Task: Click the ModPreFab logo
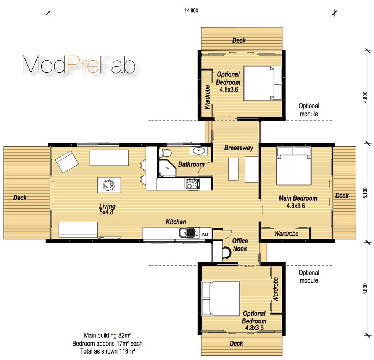[79, 65]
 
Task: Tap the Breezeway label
[239, 148]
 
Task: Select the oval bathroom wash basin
[199, 151]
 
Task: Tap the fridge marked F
[205, 184]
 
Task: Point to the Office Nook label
[240, 245]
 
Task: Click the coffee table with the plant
[109, 185]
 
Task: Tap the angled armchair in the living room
[67, 161]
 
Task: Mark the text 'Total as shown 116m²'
[108, 350]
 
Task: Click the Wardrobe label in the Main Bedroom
[286, 233]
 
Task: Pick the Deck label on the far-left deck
[20, 198]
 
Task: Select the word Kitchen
[176, 222]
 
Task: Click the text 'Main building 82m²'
[108, 336]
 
